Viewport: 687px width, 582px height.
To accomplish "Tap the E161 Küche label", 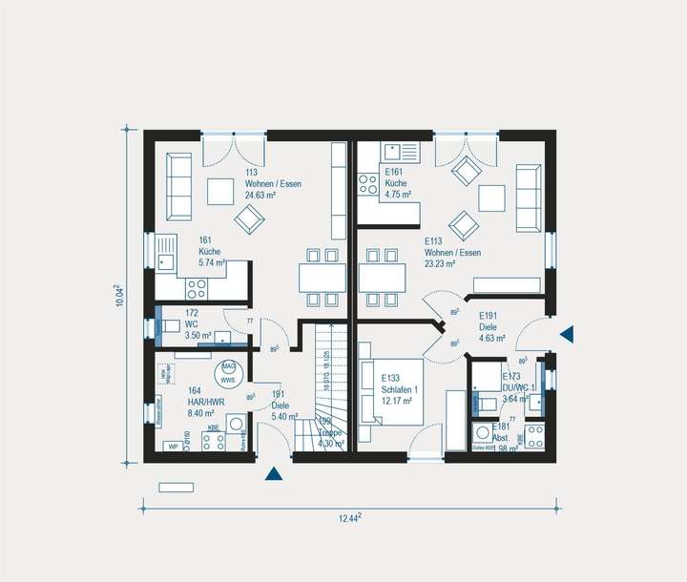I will click(397, 183).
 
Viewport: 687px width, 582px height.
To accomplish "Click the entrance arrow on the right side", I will click(568, 334).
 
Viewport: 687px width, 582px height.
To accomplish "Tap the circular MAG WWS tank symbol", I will click(228, 372).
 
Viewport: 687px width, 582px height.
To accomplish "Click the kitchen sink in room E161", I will click(397, 152).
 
